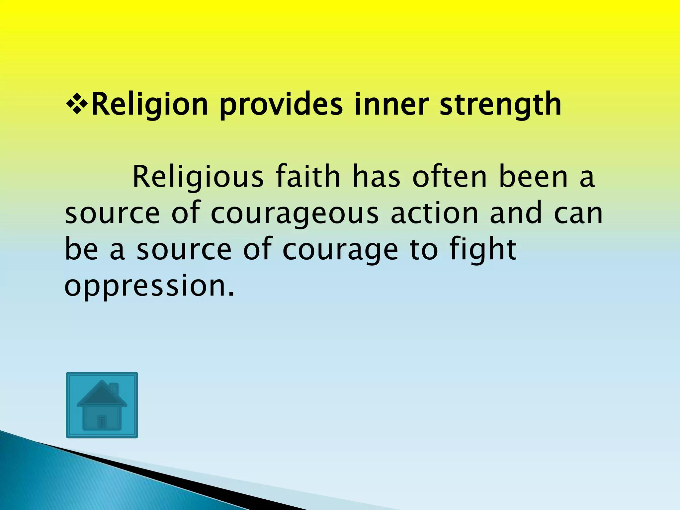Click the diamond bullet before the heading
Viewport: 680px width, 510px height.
pos(77,105)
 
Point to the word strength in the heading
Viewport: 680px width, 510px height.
pos(500,105)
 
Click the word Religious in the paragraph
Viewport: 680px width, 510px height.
pos(198,178)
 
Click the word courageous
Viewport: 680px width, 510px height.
pos(295,214)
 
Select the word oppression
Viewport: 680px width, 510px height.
pos(149,286)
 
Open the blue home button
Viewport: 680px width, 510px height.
pos(102,405)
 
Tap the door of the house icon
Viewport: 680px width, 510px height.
pos(102,422)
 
